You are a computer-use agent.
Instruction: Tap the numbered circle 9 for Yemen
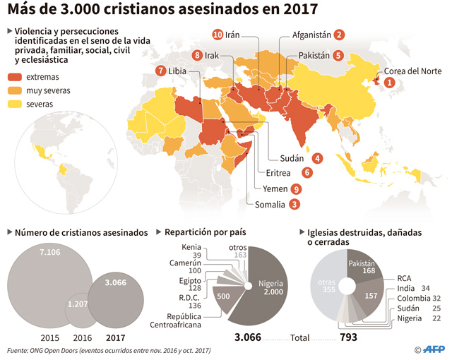pyautogui.click(x=296, y=189)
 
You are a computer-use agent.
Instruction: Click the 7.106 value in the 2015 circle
pyautogui.click(x=50, y=252)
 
